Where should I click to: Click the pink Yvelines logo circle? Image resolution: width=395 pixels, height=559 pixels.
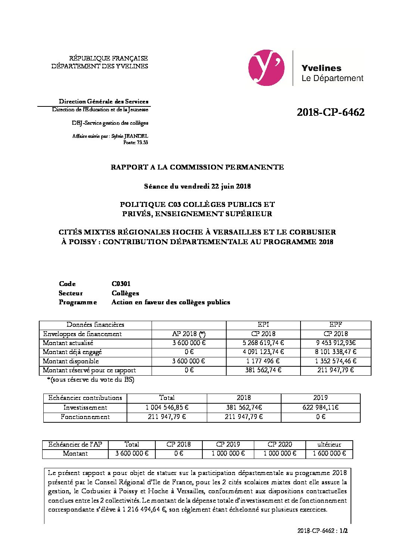266,68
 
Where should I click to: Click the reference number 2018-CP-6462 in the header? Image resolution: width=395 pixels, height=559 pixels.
330,112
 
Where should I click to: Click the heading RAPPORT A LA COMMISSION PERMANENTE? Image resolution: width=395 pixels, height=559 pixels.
197,167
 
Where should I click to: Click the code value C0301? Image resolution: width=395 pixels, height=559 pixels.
121,284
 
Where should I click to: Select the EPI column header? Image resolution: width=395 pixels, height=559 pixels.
263,325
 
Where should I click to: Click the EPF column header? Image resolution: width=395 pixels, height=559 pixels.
336,325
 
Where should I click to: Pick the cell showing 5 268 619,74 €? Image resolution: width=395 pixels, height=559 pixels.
263,343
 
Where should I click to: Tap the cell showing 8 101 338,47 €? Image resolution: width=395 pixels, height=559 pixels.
336,352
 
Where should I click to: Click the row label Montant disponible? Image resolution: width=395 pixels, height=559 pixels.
71,361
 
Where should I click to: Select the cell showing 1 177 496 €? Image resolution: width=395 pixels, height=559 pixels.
263,361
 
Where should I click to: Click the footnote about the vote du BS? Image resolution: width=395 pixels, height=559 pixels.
91,380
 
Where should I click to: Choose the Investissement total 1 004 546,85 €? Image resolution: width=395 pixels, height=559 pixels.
167,408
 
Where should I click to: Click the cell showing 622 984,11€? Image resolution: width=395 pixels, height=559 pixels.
320,408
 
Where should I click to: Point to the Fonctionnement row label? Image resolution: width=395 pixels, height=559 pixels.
85,417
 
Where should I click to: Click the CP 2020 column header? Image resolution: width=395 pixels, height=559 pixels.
280,444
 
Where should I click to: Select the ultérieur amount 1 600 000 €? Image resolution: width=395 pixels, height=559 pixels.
329,454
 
